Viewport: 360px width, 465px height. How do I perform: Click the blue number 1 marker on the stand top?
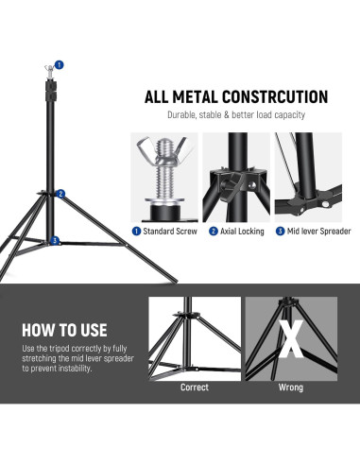pos(60,65)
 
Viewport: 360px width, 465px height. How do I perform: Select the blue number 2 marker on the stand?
pos(60,194)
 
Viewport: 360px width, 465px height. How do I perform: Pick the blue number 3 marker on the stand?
pos(57,241)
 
